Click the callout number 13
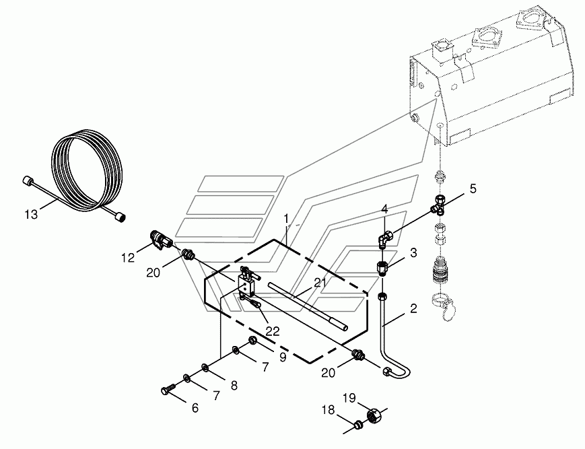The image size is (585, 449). click(32, 215)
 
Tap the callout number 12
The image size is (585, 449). click(128, 258)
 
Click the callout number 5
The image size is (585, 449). click(473, 188)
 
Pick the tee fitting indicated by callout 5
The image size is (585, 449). click(439, 205)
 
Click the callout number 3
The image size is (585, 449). click(413, 253)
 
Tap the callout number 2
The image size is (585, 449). click(413, 309)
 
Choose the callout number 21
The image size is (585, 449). click(320, 282)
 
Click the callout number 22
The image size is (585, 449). click(273, 331)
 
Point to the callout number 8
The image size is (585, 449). click(234, 386)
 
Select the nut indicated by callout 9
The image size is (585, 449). click(252, 340)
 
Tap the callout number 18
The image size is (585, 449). click(329, 410)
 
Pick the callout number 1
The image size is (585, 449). click(286, 218)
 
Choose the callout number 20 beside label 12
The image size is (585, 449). click(153, 273)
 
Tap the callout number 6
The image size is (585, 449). click(195, 408)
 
